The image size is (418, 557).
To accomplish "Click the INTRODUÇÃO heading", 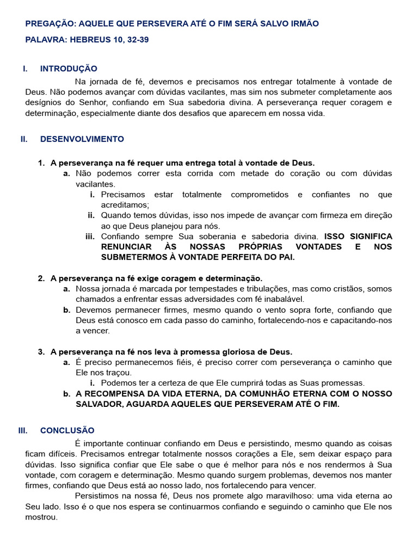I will point(69,69).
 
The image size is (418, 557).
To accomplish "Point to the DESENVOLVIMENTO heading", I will point(82,139).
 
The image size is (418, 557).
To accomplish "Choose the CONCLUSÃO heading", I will point(67,430).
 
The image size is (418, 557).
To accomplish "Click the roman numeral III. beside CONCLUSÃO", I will point(23,430).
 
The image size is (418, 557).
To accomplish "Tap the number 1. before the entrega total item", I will point(41,163).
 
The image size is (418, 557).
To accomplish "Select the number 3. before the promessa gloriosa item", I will point(41,352).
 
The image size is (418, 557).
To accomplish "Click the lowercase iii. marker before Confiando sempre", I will point(90,237).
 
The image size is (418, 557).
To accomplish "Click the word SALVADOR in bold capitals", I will point(97,405).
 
